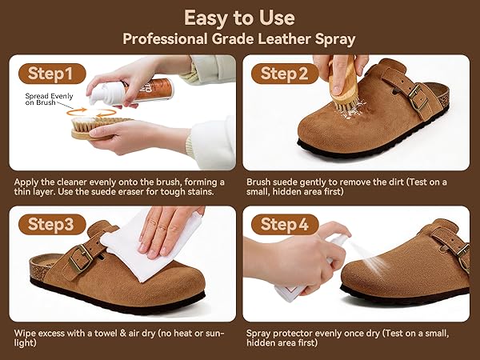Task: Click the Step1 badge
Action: (x=52, y=74)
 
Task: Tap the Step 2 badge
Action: (x=285, y=74)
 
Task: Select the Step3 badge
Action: (x=52, y=224)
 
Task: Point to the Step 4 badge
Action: (x=285, y=224)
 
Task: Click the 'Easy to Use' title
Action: (x=239, y=18)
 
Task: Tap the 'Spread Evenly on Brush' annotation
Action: (x=49, y=99)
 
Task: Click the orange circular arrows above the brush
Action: (x=91, y=113)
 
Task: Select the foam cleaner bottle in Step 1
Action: (x=132, y=91)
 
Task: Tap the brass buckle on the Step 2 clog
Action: (x=418, y=98)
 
